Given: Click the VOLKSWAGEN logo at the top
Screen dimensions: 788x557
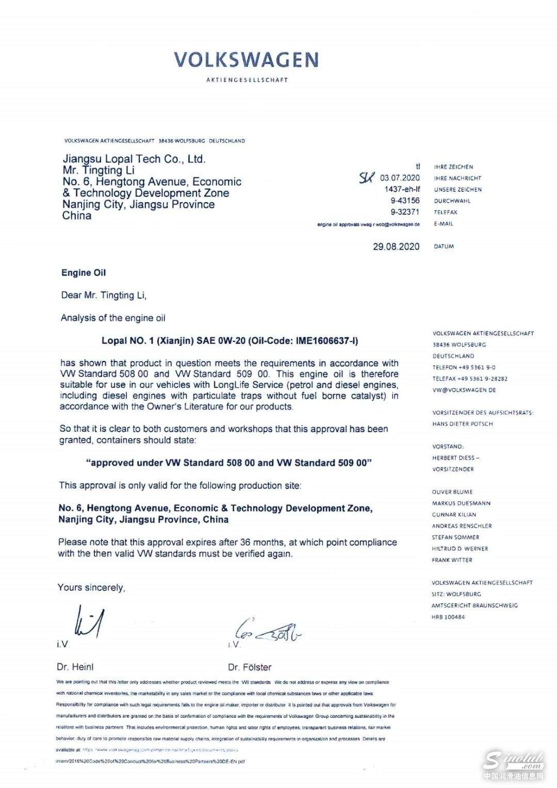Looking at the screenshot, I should tap(246, 60).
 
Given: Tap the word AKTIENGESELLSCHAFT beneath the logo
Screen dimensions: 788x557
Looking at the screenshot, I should tap(247, 80).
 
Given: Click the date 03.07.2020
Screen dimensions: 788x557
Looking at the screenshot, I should tap(400, 178).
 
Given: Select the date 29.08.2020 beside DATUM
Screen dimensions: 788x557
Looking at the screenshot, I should tap(396, 247).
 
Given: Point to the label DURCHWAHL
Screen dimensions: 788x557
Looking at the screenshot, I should tap(452, 201).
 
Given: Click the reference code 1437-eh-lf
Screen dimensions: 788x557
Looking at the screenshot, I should tap(402, 189).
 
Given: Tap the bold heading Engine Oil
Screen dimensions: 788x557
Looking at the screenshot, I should tap(84, 273).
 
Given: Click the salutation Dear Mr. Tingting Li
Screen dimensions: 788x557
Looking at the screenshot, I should tap(104, 295).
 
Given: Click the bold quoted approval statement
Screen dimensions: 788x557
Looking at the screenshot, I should tap(229, 463).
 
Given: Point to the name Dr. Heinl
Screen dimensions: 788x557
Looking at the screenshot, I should tap(75, 667).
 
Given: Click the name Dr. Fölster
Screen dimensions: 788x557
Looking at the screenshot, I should tap(250, 667).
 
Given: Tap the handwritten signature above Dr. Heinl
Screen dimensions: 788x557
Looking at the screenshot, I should tap(90, 623).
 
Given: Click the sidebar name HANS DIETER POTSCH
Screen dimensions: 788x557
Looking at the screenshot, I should tap(463, 424).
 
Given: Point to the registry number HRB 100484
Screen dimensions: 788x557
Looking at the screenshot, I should tap(448, 617).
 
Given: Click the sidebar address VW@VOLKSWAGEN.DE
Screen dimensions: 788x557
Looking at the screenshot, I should tap(464, 390).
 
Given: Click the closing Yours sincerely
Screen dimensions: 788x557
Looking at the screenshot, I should tap(91, 587).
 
